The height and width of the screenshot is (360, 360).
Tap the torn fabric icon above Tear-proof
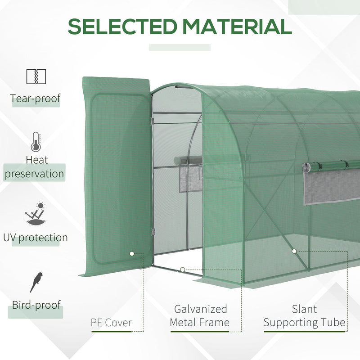coord(36,76)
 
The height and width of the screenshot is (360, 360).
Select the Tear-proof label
coord(36,99)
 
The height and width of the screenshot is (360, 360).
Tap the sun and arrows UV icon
coord(36,215)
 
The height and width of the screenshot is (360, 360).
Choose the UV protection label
coord(35,238)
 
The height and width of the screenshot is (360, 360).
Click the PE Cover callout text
coord(111,323)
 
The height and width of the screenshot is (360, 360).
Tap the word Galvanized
coord(201,309)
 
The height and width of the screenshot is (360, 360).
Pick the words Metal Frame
coord(200,322)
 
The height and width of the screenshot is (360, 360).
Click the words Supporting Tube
coord(304,323)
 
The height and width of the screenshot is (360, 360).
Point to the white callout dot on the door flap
coord(132,254)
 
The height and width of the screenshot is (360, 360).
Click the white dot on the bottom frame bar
coord(182,270)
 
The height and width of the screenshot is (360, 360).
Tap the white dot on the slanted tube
coord(294,251)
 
